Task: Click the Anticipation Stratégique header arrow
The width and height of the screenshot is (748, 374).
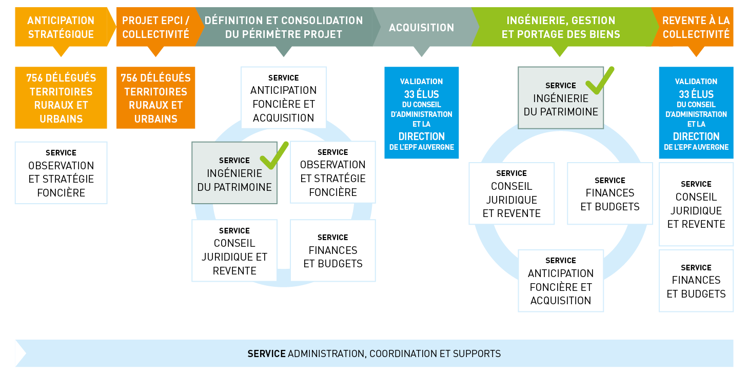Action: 61,27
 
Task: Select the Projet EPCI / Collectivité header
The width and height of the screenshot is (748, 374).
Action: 156,27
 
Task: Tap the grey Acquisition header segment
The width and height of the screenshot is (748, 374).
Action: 421,27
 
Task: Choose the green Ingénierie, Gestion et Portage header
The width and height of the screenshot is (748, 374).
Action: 561,27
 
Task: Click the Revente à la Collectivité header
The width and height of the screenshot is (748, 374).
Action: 696,27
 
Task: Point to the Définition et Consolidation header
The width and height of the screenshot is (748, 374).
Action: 284,27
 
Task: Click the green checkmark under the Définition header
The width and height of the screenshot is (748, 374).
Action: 274,155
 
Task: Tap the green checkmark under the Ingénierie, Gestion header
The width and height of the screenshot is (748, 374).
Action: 600,81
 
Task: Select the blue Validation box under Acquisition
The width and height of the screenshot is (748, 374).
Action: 421,112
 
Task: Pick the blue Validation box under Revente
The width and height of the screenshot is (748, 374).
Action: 696,112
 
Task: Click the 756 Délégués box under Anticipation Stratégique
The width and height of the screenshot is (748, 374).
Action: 61,97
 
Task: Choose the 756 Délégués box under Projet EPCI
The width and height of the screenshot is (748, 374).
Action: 155,97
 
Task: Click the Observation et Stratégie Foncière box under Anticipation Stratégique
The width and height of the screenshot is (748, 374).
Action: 61,173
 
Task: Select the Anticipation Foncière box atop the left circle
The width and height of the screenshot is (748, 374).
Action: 284,97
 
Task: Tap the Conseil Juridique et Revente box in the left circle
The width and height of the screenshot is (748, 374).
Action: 234,250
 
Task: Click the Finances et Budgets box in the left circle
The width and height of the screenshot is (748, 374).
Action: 333,250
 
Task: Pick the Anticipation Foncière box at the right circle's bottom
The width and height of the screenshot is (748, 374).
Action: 561,281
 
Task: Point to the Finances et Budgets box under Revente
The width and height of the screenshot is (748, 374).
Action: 696,281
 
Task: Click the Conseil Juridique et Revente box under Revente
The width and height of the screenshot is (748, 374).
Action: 696,204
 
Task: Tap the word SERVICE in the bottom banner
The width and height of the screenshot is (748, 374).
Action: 266,353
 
